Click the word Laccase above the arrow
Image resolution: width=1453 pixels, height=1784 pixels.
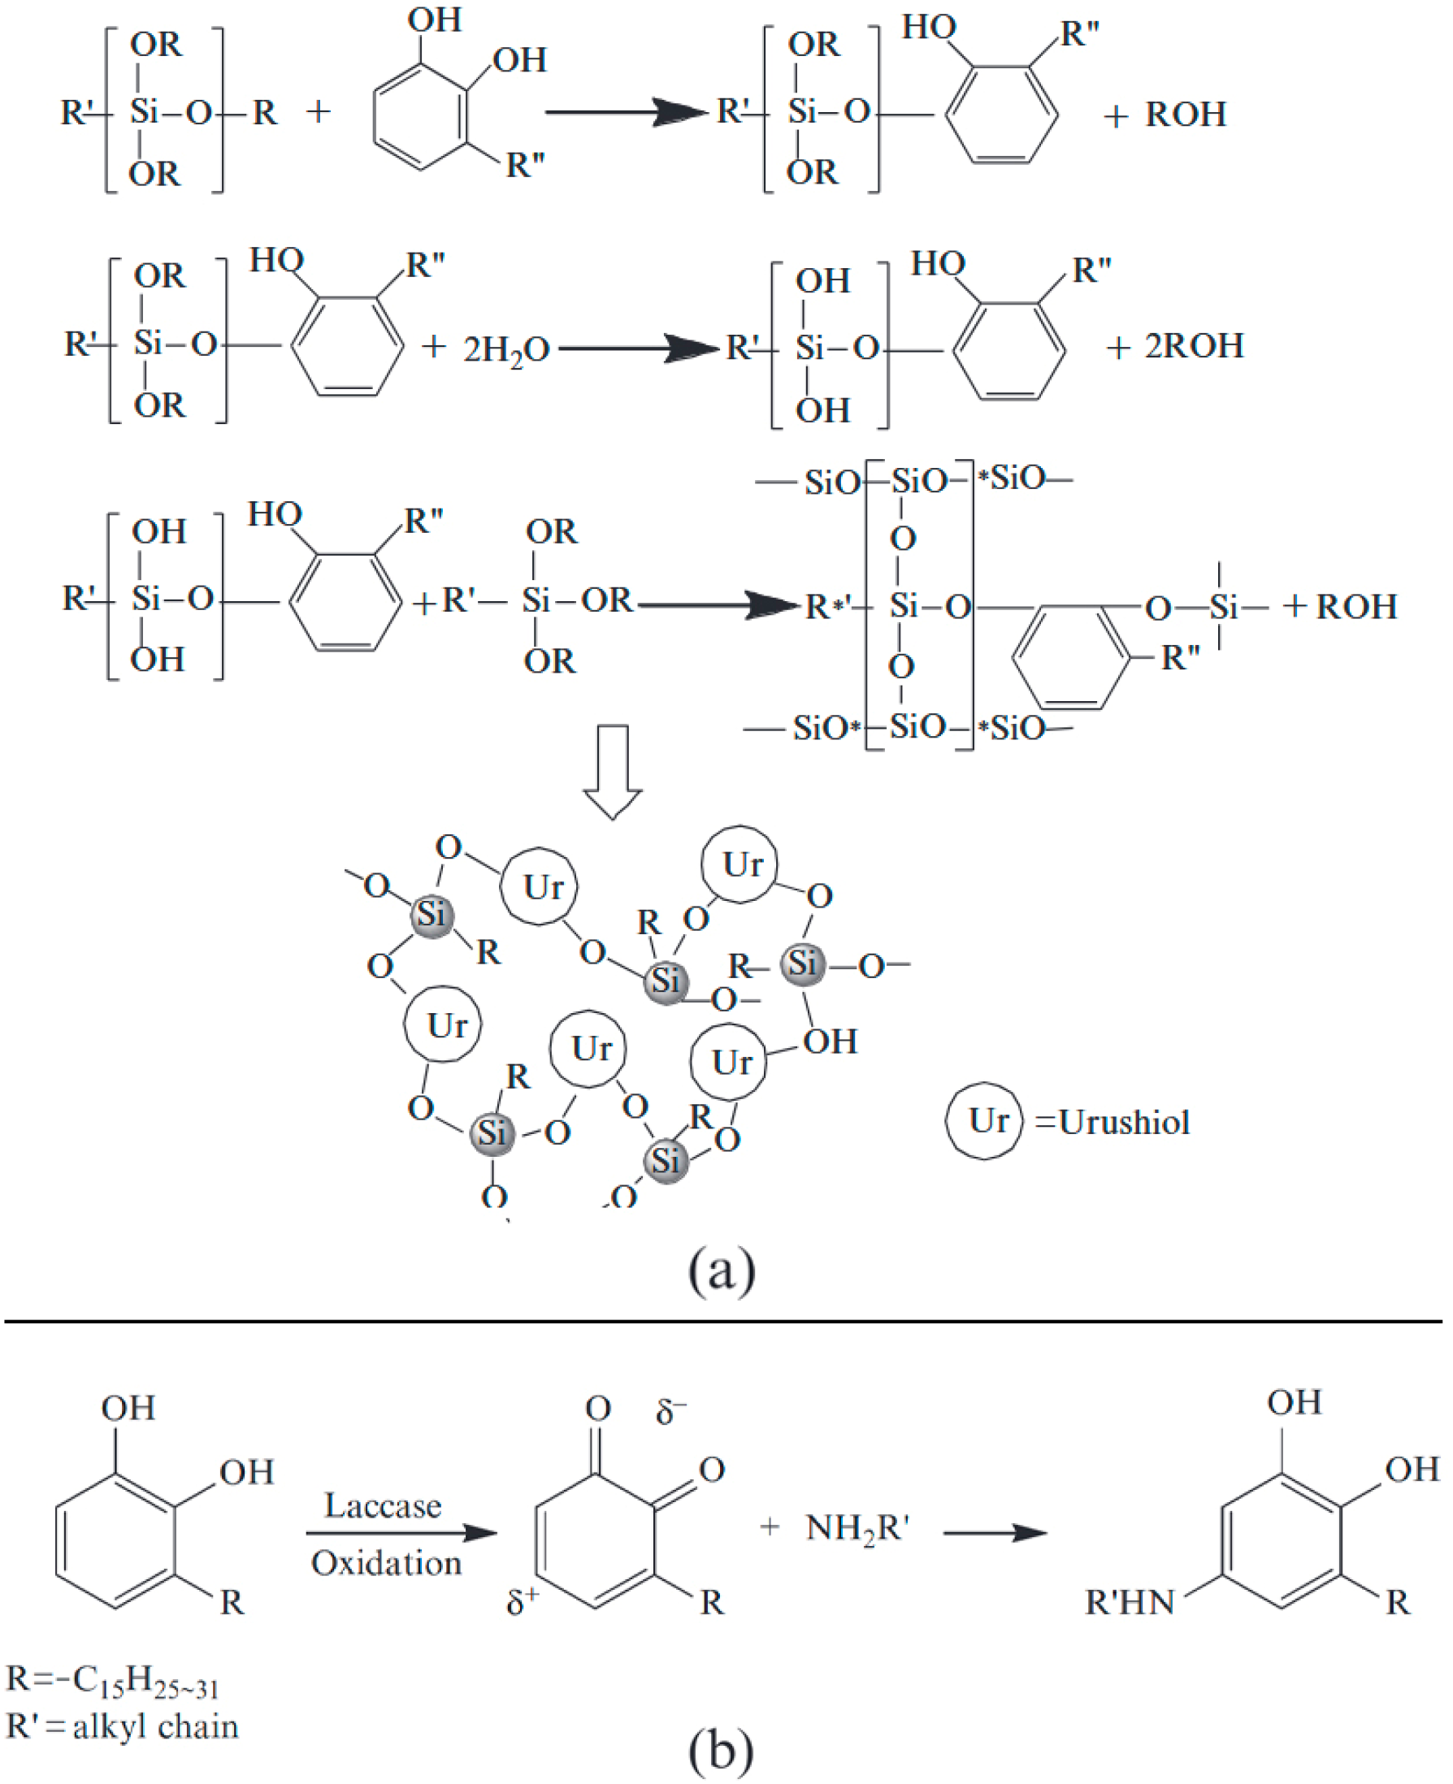point(383,1505)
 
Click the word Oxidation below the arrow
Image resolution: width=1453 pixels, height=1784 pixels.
point(386,1563)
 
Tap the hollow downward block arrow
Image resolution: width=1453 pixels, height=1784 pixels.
point(613,771)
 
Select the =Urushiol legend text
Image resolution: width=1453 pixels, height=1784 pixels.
point(1113,1122)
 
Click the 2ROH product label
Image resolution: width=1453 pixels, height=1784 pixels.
point(1195,346)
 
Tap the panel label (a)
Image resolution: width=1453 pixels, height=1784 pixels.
point(722,1271)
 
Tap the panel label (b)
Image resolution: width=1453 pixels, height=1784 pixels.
point(721,1749)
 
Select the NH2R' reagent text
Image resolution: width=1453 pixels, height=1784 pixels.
point(857,1529)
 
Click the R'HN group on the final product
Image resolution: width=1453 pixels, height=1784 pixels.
point(1130,1602)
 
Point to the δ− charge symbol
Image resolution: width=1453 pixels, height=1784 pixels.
point(670,1412)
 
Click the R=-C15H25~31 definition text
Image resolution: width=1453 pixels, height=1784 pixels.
point(112,1681)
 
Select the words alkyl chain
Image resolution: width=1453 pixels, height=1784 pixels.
point(156,1727)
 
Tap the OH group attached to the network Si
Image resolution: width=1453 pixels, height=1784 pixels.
point(831,1041)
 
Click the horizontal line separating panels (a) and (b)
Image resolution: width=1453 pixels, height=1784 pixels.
point(723,1322)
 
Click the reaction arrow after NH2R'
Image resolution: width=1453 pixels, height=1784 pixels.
point(995,1533)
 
